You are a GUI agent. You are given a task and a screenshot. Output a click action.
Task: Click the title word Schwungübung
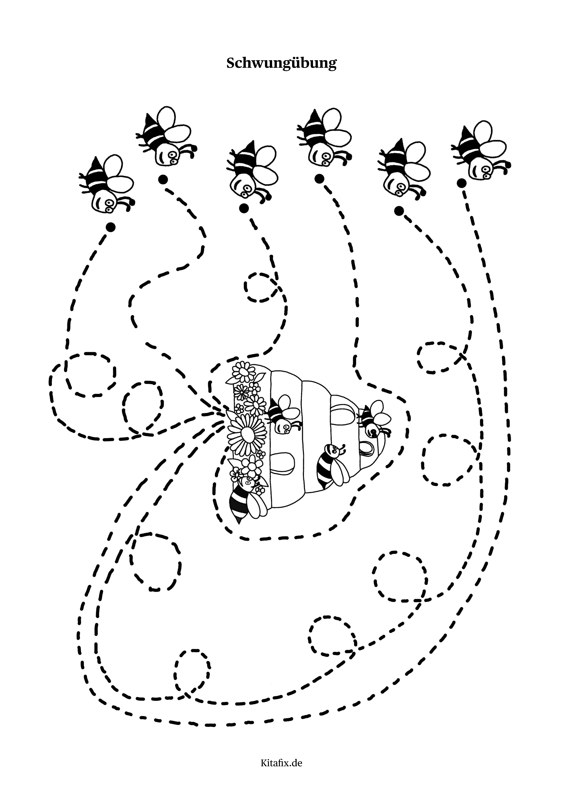coord(281,63)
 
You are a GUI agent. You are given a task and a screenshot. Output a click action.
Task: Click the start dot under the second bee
coord(163,180)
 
